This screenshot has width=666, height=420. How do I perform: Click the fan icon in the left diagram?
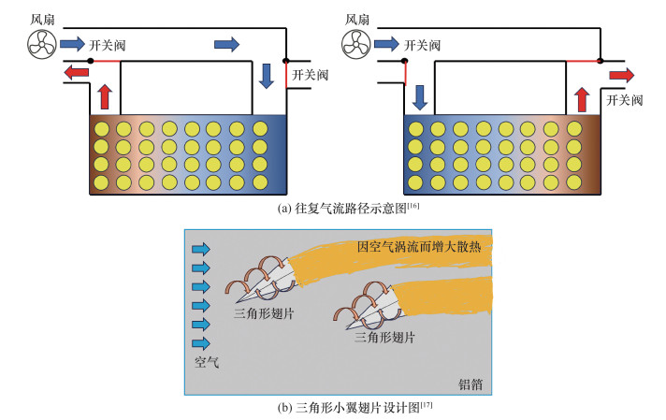click(x=40, y=42)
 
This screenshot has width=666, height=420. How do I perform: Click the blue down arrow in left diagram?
click(x=267, y=77)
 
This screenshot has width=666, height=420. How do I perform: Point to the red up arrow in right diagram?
click(x=581, y=97)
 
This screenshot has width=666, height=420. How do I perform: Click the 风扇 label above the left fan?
click(x=42, y=18)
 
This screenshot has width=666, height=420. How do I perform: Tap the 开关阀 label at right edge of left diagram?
click(x=310, y=74)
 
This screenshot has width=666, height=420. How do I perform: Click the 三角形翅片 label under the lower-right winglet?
click(x=385, y=340)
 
